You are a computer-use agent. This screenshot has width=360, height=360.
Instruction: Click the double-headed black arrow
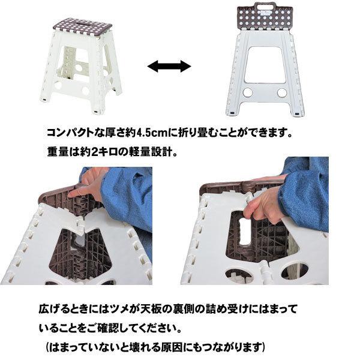tap(169, 67)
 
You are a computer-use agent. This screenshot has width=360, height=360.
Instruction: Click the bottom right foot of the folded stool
tap(299, 112)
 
